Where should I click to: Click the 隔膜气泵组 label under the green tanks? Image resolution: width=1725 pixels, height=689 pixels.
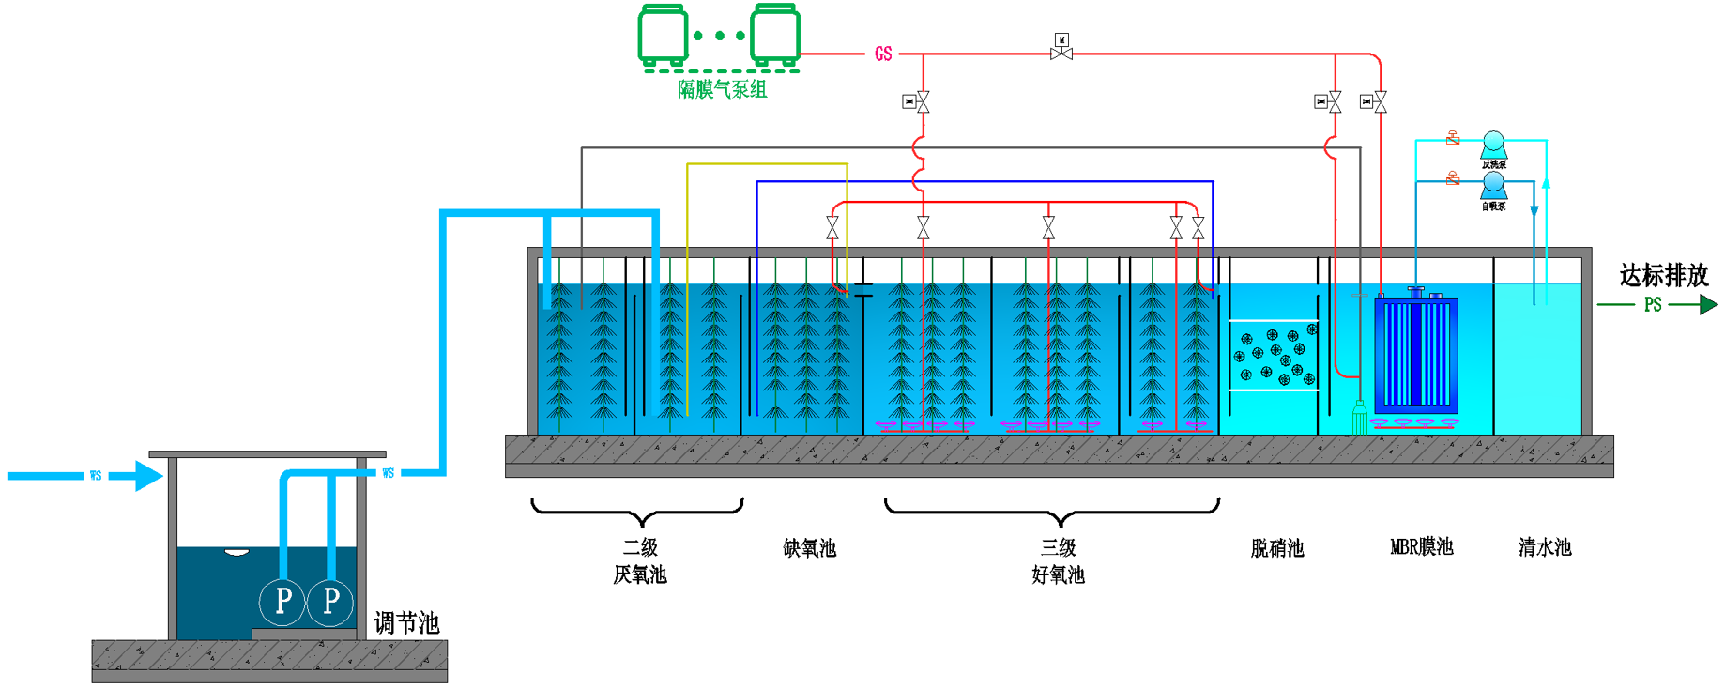point(722,89)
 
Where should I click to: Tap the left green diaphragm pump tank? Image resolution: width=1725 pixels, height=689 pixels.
point(663,35)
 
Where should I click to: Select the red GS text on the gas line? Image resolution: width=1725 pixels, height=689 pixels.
point(883,54)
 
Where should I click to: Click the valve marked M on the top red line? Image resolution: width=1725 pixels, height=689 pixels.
point(1061,50)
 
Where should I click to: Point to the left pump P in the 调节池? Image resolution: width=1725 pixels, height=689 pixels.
point(282,601)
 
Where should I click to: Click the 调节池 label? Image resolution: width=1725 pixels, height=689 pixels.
point(406,622)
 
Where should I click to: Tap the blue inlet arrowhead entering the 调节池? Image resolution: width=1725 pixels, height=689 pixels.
point(148,476)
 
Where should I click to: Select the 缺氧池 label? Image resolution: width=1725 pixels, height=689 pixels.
point(809,548)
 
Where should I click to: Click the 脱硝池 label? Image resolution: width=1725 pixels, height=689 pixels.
point(1276,548)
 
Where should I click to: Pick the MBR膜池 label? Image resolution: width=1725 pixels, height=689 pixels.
point(1421,547)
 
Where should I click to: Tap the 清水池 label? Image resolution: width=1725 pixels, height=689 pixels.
point(1544,547)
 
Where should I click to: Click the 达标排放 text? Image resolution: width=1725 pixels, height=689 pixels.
point(1663,275)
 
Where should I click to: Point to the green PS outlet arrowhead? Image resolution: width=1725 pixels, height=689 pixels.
point(1708,304)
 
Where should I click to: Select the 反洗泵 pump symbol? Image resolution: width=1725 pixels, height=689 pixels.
point(1493,145)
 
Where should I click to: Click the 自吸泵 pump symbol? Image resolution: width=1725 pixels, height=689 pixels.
point(1493,187)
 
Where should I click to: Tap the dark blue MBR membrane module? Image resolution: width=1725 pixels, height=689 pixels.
point(1416,353)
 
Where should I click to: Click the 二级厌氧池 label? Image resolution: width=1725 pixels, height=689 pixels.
point(640,560)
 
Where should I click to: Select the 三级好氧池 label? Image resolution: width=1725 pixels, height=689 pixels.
point(1058,560)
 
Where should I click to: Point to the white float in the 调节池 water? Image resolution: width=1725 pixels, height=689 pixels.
point(237,552)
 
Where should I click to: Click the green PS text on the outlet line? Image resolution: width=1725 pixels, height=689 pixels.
point(1653,305)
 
